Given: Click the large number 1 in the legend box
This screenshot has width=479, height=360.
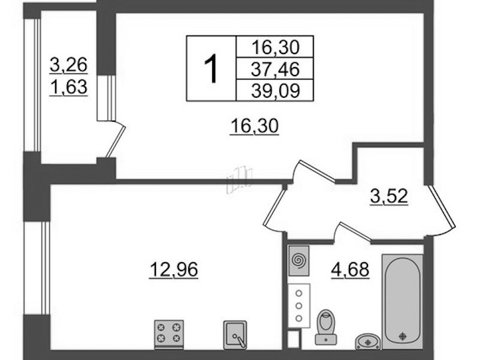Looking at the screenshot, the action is click(x=211, y=68).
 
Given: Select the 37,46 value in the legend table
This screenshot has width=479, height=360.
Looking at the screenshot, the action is click(x=275, y=69).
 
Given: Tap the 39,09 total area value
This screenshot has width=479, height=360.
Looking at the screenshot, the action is click(x=275, y=90).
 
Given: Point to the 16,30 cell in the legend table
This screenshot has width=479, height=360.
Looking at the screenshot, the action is click(x=275, y=47).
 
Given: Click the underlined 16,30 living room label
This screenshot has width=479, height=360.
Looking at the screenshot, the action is click(x=254, y=127).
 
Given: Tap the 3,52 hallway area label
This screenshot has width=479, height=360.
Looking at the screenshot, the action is click(x=389, y=196).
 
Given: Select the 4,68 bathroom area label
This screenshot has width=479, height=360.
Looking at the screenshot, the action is click(x=350, y=270).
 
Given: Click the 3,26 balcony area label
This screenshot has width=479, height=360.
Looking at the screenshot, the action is click(x=69, y=65).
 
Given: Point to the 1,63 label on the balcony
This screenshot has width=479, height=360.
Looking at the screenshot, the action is click(x=69, y=87).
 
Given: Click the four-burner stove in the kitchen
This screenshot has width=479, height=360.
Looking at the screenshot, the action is click(x=169, y=334).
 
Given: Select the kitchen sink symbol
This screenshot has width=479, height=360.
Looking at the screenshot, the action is click(x=235, y=335).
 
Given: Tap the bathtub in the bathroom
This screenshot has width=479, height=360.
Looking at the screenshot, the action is click(x=403, y=301).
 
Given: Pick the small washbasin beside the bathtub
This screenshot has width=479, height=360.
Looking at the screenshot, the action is click(x=369, y=341).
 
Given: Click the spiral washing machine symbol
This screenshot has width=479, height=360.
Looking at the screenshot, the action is click(x=299, y=260).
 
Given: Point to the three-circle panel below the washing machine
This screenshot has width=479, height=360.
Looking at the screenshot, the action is click(x=299, y=305).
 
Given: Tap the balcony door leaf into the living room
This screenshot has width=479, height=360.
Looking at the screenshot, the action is click(x=116, y=140).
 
